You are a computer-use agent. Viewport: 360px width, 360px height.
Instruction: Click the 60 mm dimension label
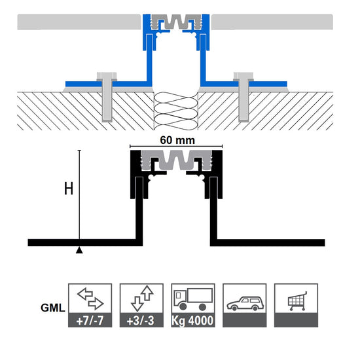[x=177, y=140]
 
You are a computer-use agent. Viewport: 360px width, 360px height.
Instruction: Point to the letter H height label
[x=69, y=189]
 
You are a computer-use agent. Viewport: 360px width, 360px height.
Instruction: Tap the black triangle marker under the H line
[x=79, y=250]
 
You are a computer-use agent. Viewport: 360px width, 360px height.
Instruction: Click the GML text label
[x=53, y=308]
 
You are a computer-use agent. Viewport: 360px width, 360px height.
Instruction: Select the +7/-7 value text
[x=90, y=321]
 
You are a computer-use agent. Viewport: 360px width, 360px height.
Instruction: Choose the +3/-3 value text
[x=141, y=321]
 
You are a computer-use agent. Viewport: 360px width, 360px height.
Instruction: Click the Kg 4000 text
[x=192, y=321]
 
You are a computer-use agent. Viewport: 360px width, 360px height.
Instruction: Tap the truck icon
[x=193, y=298]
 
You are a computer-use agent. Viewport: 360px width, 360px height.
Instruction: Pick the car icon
[x=245, y=304]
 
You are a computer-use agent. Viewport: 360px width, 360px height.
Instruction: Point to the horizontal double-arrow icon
[x=90, y=298]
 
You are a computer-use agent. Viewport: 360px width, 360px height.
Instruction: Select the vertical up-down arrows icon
[x=142, y=298]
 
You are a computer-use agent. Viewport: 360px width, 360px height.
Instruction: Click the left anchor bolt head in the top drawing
[x=107, y=77]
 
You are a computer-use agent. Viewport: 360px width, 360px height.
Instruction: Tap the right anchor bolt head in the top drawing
[x=243, y=77]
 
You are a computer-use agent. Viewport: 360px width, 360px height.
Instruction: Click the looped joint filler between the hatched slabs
[x=175, y=111]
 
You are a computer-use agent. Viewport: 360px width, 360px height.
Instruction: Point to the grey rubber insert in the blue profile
[x=176, y=22]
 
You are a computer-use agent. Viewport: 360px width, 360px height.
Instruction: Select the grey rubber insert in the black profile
[x=176, y=160]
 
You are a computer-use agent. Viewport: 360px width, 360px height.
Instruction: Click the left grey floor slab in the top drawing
[x=79, y=22]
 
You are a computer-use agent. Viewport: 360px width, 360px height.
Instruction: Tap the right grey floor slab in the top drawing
[x=272, y=22]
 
